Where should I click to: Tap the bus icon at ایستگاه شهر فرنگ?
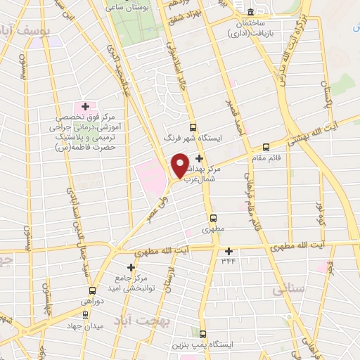[x=193, y=128]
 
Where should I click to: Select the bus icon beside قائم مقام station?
[x=266, y=148]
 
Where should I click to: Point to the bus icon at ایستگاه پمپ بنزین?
[x=203, y=334]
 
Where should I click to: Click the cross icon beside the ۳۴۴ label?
[x=229, y=251]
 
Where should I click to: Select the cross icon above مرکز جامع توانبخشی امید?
[x=130, y=267]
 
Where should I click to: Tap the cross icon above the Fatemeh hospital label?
[x=85, y=105]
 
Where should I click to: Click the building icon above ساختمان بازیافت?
[x=251, y=11]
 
